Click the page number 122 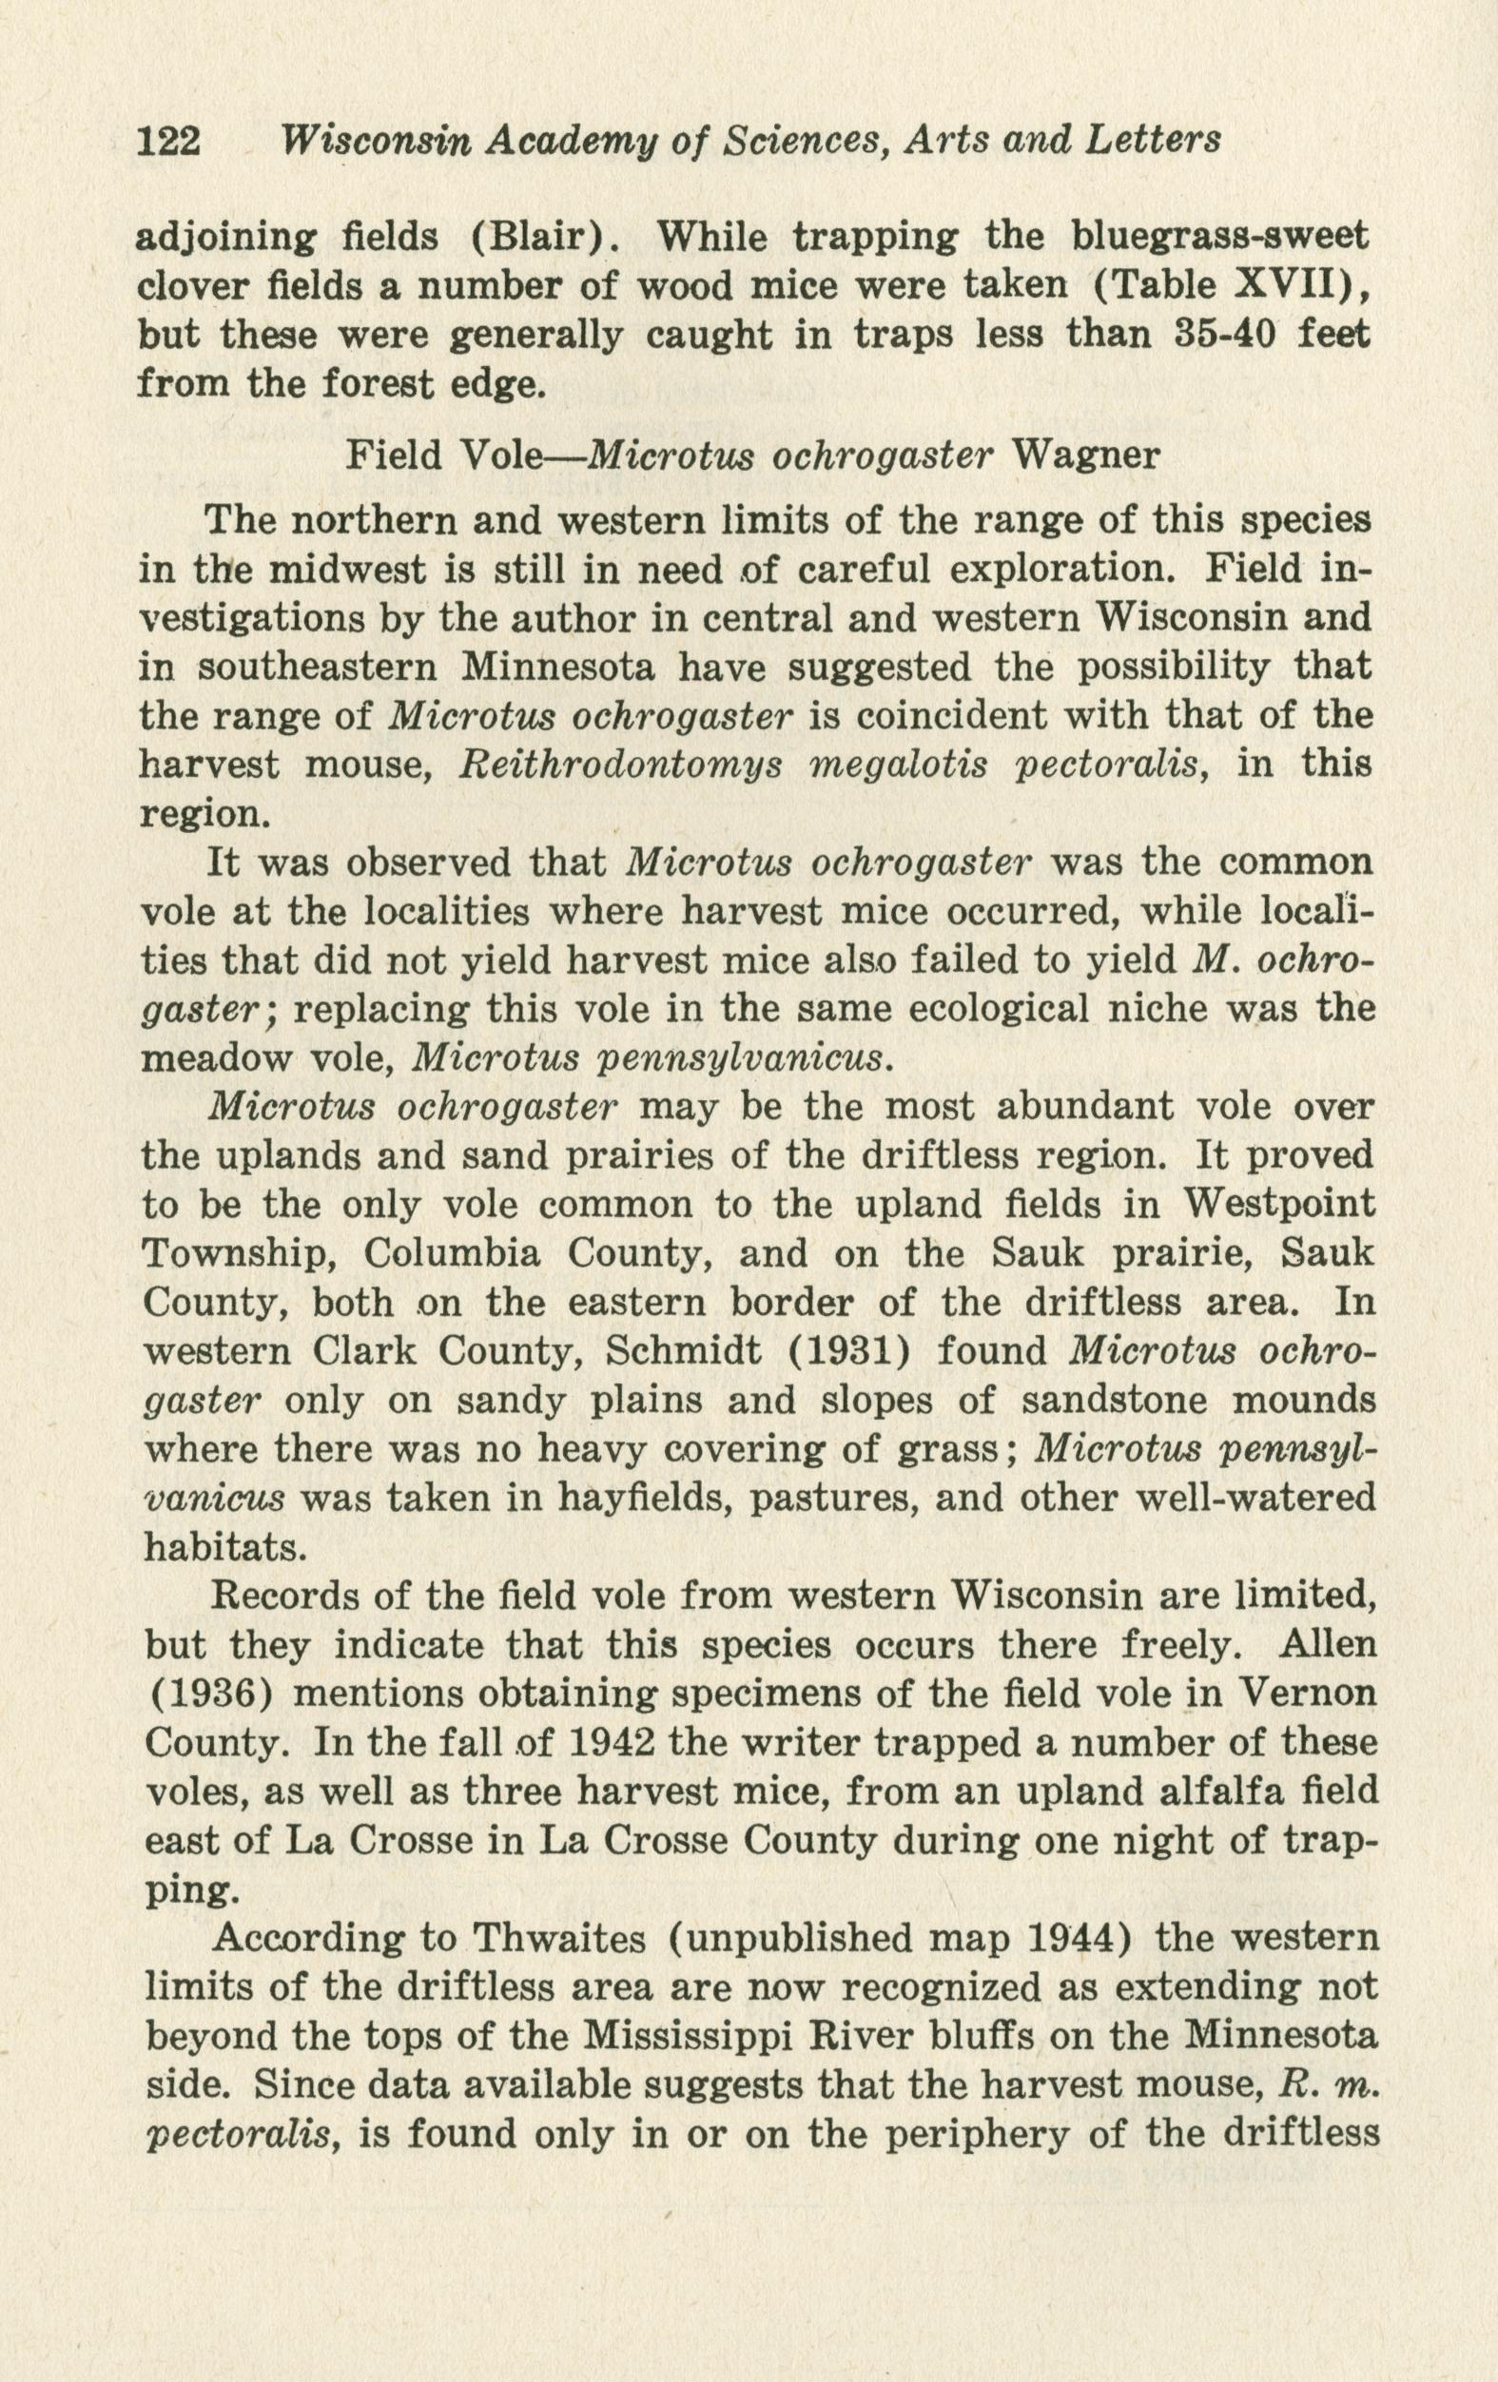point(168,142)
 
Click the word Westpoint point(1277,1204)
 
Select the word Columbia point(452,1254)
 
